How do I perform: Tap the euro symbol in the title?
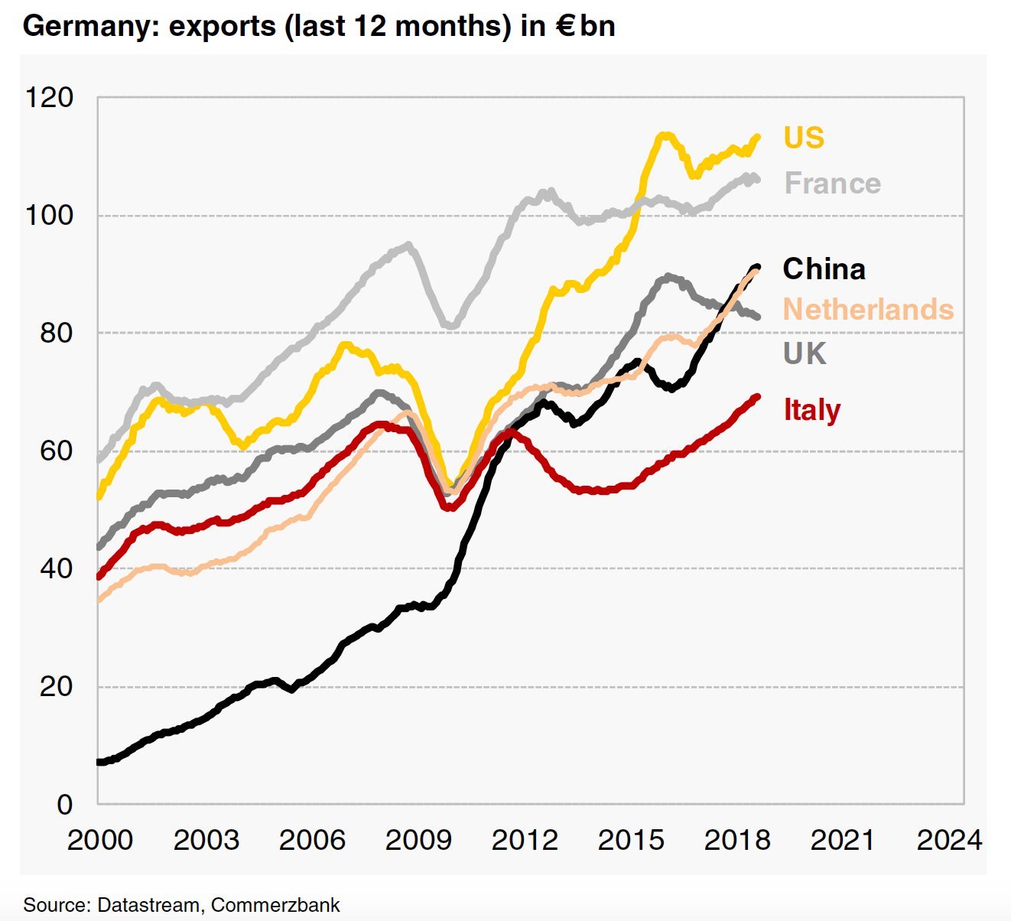tap(565, 26)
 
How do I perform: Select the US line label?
tap(804, 138)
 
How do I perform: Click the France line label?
tap(833, 184)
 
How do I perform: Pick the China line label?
tap(824, 269)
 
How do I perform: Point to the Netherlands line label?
tap(869, 310)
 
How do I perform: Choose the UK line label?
tap(805, 353)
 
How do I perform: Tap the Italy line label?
tap(811, 410)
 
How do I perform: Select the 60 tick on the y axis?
tap(56, 451)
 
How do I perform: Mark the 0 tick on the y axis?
tap(64, 804)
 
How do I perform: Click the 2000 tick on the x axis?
tap(99, 840)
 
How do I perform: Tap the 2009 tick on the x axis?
tap(418, 840)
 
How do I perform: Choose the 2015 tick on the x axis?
tap(630, 840)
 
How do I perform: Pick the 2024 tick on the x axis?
tap(949, 840)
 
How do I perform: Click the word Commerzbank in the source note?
tap(275, 905)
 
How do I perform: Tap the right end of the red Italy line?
tap(757, 397)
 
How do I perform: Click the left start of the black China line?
tap(99, 762)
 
